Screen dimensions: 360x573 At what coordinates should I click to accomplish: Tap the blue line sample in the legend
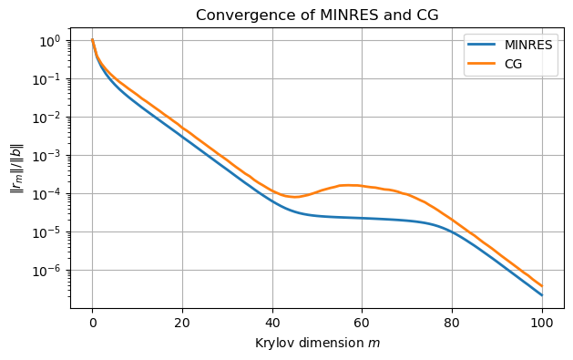(481, 45)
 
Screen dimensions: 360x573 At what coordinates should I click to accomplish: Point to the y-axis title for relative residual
(15, 168)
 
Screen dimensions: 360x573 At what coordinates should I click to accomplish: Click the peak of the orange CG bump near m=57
(348, 185)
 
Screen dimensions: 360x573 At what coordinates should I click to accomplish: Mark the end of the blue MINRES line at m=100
(542, 294)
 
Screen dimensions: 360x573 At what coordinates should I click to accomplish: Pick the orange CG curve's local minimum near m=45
(294, 197)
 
